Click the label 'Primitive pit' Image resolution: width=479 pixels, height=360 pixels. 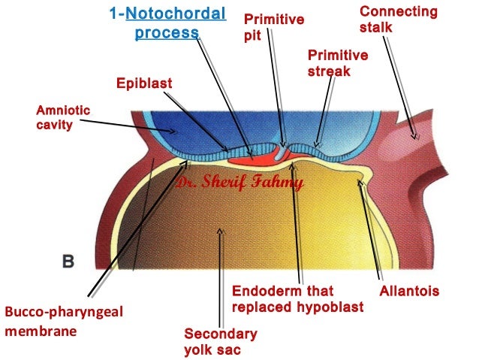274,27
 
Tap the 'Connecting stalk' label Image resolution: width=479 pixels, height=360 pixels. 398,19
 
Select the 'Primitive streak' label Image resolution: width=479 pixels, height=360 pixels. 338,63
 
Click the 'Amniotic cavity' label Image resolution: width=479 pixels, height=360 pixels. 63,117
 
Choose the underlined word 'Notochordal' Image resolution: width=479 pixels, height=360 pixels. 176,14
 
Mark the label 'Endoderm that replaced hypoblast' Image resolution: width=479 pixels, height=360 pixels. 297,299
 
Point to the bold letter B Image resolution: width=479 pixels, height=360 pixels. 68,261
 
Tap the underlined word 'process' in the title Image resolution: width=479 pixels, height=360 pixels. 167,34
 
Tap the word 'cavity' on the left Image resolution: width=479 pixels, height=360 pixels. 55,125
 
